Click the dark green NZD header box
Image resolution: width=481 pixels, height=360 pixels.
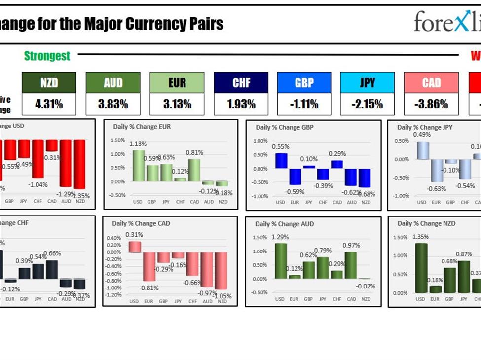[49, 83]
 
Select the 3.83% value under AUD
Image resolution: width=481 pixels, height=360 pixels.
[113, 104]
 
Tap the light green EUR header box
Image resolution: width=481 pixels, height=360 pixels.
[177, 83]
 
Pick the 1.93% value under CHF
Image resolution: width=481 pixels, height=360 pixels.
[241, 104]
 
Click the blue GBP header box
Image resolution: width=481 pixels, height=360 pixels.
[304, 83]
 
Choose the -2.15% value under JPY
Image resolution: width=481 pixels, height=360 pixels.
[367, 104]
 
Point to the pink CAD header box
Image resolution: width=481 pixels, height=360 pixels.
[431, 83]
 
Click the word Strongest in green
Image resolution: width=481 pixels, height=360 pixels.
[47, 56]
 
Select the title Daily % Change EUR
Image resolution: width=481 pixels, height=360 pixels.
[142, 127]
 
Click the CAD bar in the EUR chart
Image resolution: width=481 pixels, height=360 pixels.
[194, 170]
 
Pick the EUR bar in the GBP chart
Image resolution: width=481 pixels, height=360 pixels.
[295, 177]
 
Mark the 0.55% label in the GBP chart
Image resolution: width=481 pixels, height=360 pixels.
[280, 146]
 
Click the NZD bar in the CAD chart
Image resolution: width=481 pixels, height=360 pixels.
[222, 271]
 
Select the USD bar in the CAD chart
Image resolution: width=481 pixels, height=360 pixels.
[135, 247]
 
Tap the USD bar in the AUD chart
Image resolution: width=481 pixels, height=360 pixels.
[281, 261]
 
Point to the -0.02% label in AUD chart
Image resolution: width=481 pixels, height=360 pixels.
[366, 286]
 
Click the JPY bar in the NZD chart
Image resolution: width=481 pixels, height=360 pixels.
[464, 277]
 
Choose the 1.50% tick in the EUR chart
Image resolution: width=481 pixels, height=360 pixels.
[117, 140]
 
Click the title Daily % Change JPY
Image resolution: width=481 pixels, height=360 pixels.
[425, 127]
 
